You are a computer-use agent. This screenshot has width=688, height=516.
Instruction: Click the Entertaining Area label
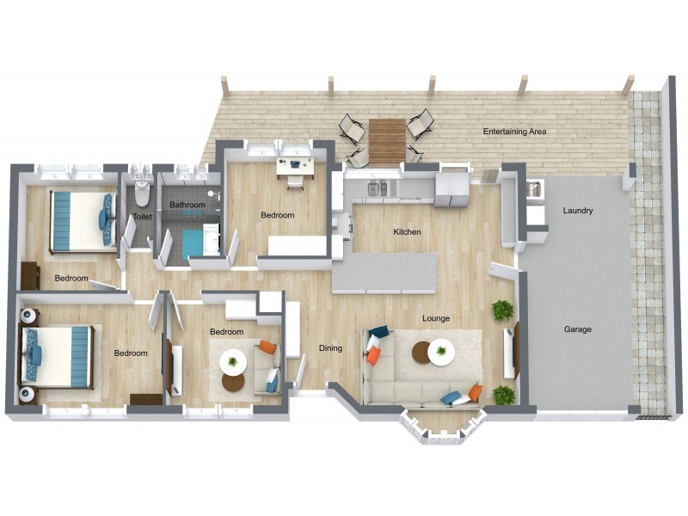[514, 132]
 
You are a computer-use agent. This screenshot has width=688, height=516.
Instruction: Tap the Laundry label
[577, 211]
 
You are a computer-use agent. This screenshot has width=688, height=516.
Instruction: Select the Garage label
[577, 329]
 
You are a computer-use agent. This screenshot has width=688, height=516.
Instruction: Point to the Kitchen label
[407, 232]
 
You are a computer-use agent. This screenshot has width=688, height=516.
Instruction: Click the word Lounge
[436, 319]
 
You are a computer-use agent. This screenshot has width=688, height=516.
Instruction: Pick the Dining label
[330, 348]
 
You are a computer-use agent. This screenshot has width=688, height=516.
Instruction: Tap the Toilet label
[142, 217]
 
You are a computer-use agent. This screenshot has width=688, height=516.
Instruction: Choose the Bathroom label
[187, 205]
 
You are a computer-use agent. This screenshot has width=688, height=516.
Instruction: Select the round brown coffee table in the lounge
[421, 352]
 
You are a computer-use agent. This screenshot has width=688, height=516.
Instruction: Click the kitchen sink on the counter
[378, 187]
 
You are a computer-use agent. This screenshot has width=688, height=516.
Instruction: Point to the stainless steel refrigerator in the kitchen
[451, 190]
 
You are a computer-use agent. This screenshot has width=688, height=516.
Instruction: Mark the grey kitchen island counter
[384, 273]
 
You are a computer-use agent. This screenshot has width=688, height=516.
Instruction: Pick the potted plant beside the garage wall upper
[502, 310]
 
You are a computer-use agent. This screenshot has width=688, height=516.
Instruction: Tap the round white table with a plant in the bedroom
[233, 360]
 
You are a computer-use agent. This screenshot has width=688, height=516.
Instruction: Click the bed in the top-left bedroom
[81, 220]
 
